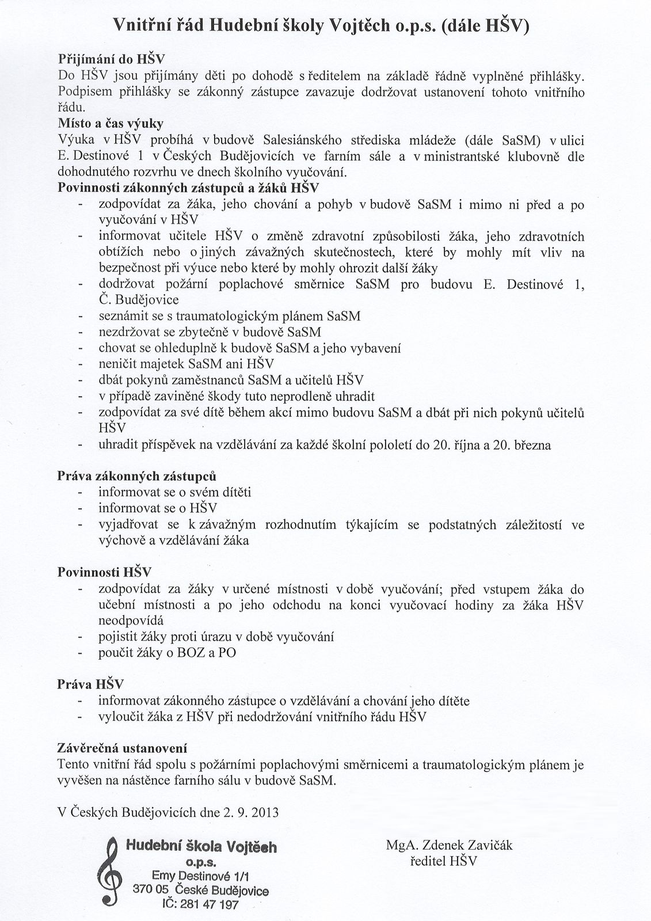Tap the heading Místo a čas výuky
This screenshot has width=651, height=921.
click(110, 124)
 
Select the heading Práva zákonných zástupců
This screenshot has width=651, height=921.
click(137, 477)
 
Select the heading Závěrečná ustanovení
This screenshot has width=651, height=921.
click(122, 748)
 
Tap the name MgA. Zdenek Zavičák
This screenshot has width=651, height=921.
click(449, 845)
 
